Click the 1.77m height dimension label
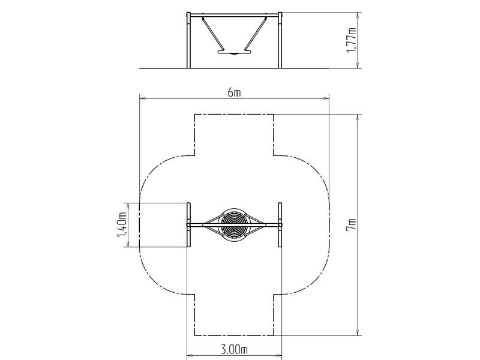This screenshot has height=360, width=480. tap(351, 40)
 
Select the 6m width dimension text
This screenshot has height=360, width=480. tap(234, 92)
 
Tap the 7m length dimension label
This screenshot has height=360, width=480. tap(351, 224)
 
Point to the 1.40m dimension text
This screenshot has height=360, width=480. tap(122, 224)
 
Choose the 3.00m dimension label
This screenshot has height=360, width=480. tap(234, 349)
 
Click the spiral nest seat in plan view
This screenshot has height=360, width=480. tap(234, 224)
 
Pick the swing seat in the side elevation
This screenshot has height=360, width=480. tap(234, 52)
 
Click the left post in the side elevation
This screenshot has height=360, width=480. tap(188, 40)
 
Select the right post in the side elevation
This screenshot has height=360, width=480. tap(280, 40)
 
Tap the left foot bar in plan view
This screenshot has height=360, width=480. tap(188, 224)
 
